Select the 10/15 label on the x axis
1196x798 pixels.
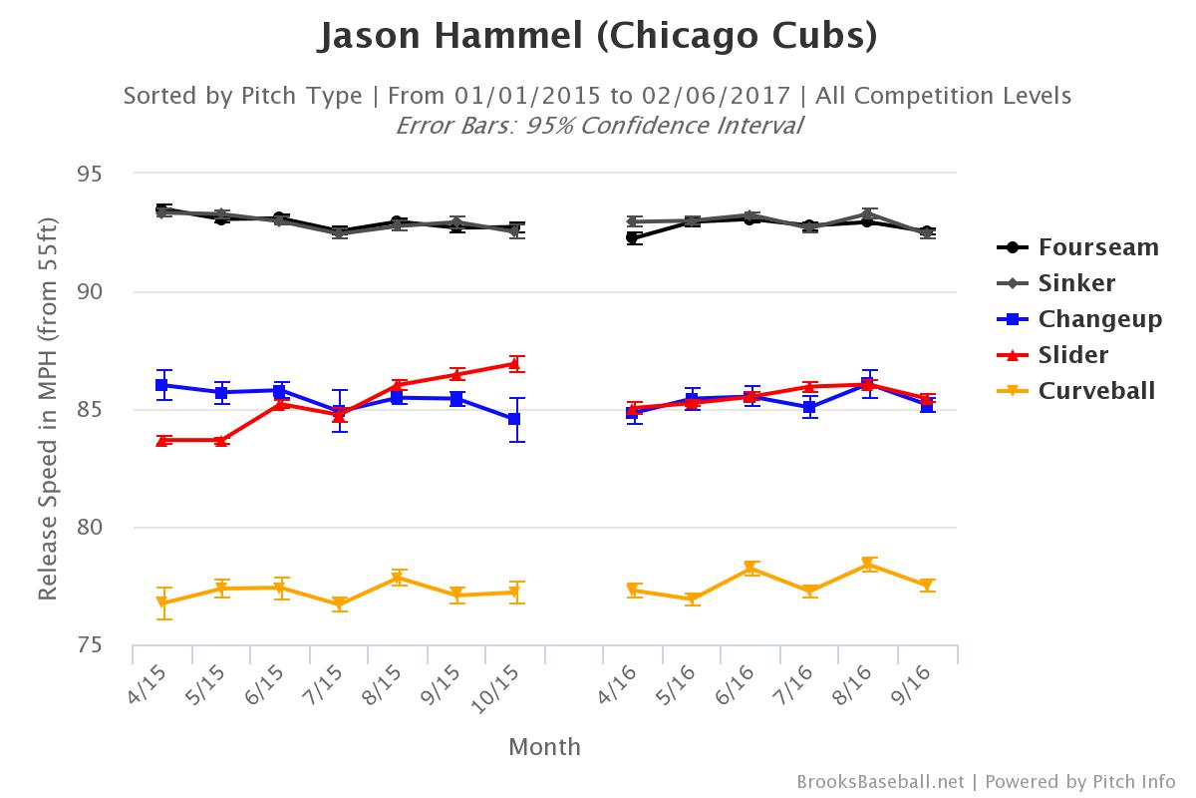pos(507,688)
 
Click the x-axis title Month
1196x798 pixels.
pos(544,746)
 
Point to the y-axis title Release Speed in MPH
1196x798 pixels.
pos(47,409)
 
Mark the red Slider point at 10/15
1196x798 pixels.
pos(514,364)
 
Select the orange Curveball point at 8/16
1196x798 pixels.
pos(868,565)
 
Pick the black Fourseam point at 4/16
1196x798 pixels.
pos(633,237)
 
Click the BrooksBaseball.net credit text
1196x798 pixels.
pos(880,781)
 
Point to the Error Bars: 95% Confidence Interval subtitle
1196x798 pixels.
pos(598,126)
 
